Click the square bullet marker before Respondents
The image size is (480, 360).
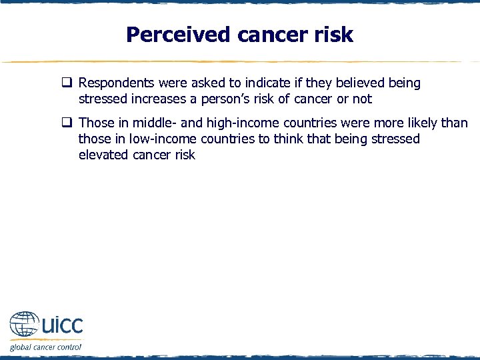pyautogui.click(x=67, y=83)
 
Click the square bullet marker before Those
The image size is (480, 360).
pyautogui.click(x=67, y=123)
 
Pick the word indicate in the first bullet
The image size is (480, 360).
pyautogui.click(x=263, y=83)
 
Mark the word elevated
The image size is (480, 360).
pyautogui.click(x=103, y=155)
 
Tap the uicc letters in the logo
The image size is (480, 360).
pyautogui.click(x=63, y=325)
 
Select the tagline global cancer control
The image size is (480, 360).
pyautogui.click(x=45, y=347)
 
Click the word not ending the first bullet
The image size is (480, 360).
pyautogui.click(x=363, y=99)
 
